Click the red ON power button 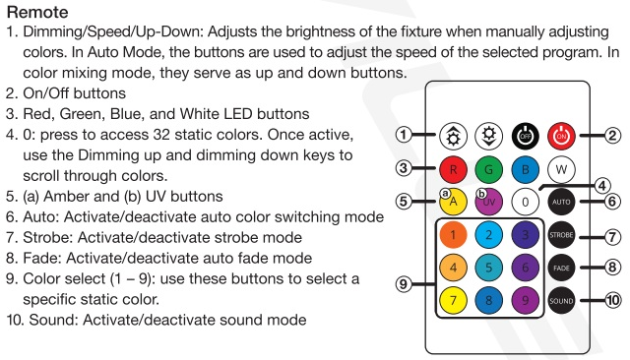[561, 136]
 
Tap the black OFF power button [525, 136]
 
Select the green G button [489, 169]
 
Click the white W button [561, 169]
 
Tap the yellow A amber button [453, 202]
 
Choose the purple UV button [489, 202]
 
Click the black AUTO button [561, 202]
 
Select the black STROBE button [561, 235]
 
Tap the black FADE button [561, 268]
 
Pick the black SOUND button [561, 301]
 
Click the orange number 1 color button [453, 235]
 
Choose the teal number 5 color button [489, 268]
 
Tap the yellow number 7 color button [453, 301]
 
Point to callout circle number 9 [404, 284]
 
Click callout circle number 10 [612, 300]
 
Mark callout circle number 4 [601, 186]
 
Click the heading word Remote [37, 12]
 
